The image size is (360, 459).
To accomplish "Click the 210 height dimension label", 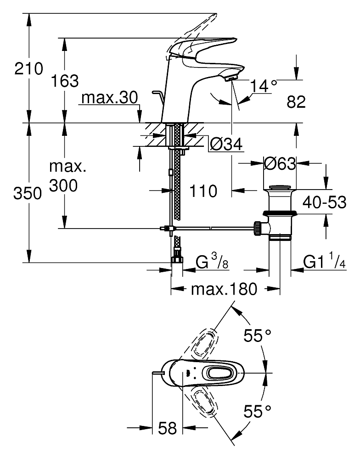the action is tap(29, 69).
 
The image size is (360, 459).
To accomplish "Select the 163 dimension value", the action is tap(65, 81).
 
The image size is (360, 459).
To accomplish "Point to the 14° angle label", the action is tap(264, 86).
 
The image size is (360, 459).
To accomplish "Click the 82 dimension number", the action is tap(296, 101).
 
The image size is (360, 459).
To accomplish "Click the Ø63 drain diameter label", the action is tap(280, 164).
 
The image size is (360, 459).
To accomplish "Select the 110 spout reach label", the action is tap(203, 191).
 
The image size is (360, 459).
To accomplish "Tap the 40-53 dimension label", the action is tap(324, 202).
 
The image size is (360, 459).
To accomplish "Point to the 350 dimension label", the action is tap(28, 194).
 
